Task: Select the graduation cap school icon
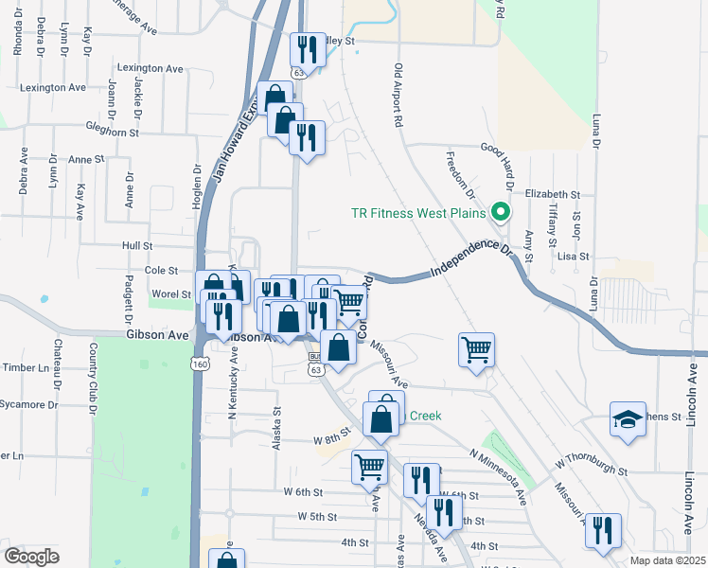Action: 627,419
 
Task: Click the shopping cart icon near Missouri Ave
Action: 477,349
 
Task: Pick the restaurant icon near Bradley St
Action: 308,49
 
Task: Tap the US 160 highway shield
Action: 200,364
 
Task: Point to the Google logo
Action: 31,557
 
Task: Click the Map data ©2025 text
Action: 666,560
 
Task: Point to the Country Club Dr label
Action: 93,379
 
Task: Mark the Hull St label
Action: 137,245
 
